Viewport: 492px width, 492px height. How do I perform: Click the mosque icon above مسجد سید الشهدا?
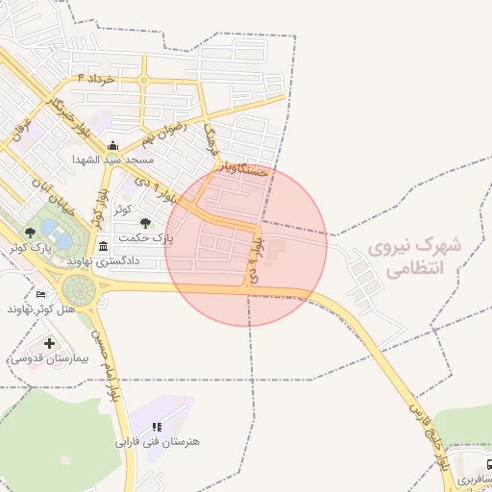click(113, 145)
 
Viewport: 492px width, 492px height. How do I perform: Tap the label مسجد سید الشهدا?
click(112, 159)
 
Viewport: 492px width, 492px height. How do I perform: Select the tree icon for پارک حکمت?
click(146, 223)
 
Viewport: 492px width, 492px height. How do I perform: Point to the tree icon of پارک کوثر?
click(30, 233)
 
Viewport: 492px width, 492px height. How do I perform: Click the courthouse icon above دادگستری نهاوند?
click(103, 246)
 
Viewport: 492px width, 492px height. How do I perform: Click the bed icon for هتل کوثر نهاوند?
click(39, 294)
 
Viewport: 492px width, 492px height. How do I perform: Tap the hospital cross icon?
click(49, 343)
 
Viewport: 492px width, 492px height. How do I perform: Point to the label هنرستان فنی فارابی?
click(158, 441)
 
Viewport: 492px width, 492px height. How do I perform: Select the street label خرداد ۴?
click(96, 76)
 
